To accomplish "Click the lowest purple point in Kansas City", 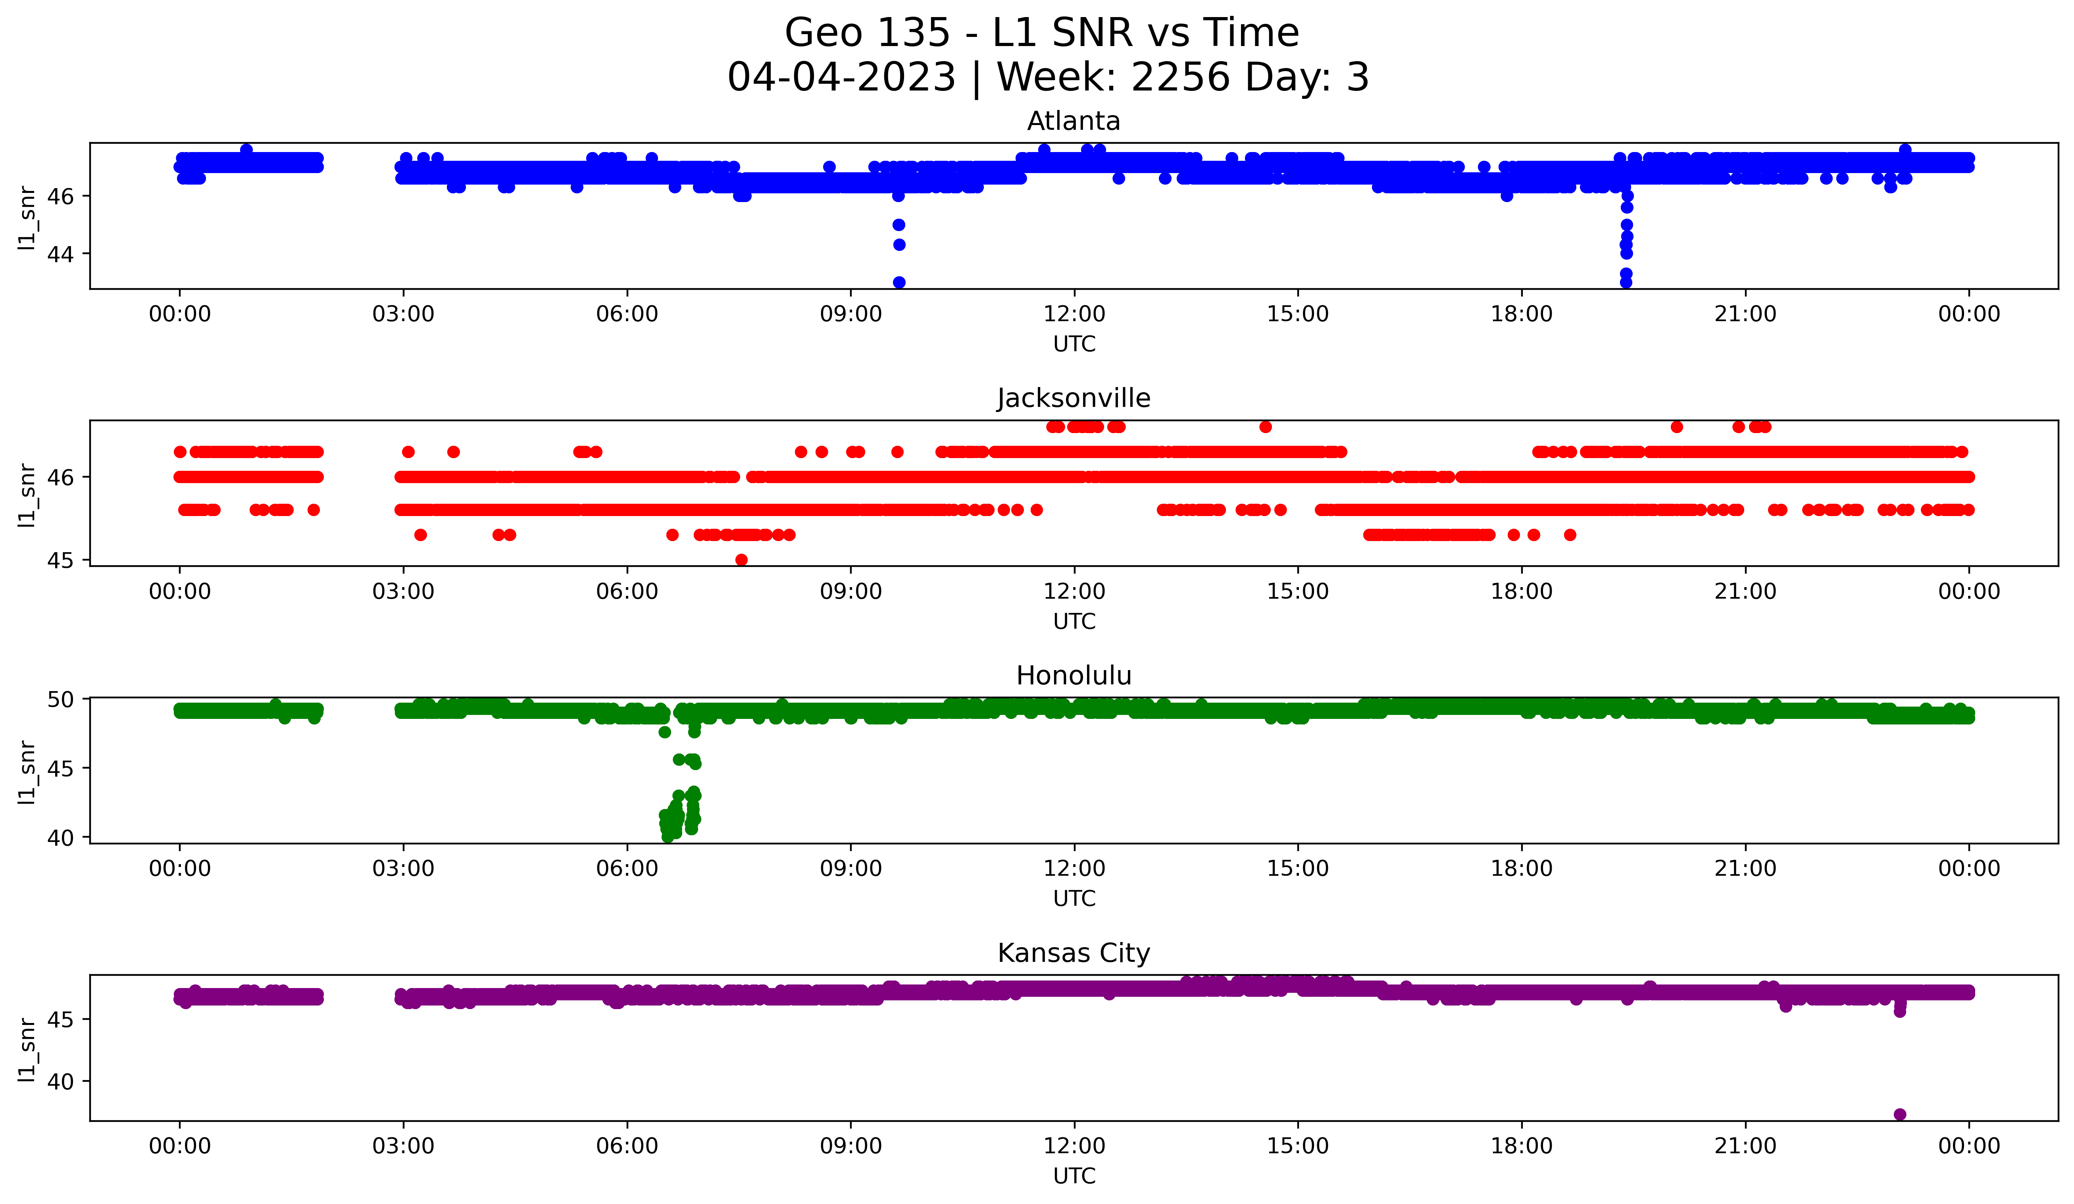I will [x=1899, y=1114].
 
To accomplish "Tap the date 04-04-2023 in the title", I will [x=841, y=77].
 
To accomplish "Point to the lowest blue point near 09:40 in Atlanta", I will [x=899, y=282].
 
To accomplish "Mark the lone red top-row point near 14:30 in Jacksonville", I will [x=1265, y=426].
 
